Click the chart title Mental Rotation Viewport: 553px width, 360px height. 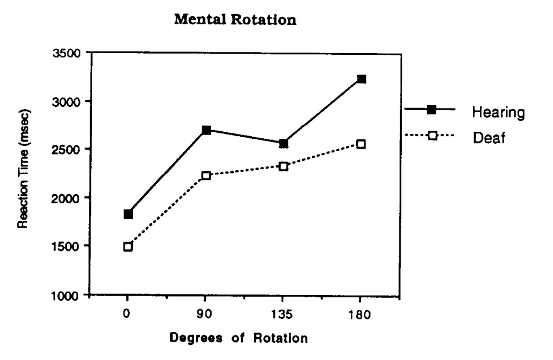[x=235, y=21]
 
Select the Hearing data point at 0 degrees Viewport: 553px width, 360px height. [x=128, y=214]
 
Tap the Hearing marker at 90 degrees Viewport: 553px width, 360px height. [x=206, y=130]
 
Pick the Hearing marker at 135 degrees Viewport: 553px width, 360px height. [x=284, y=143]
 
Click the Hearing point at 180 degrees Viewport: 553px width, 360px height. [x=362, y=79]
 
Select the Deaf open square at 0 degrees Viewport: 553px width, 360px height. [x=128, y=247]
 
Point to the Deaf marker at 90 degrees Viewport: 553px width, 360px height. [x=206, y=175]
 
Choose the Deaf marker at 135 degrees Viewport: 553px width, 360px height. [x=284, y=166]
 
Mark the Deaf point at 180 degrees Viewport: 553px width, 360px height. [x=362, y=144]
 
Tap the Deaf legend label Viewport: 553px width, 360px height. [x=488, y=138]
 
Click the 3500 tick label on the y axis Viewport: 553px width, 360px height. [x=67, y=53]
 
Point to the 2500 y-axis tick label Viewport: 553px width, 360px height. [x=67, y=150]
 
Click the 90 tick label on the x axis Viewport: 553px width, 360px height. [x=206, y=315]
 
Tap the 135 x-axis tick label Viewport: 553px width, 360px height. [x=284, y=315]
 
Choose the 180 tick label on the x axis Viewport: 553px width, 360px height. [x=362, y=315]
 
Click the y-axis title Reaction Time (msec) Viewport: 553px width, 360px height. [x=24, y=169]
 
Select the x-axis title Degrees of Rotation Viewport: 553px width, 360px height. [x=239, y=338]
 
